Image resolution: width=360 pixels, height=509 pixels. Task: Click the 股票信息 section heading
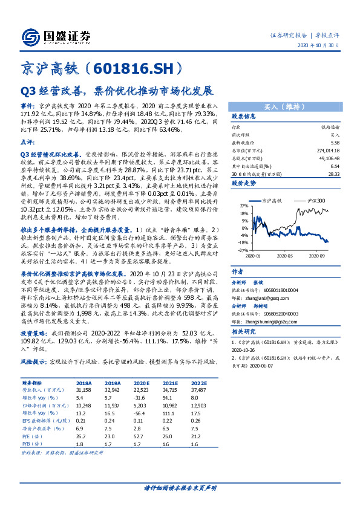click(244, 117)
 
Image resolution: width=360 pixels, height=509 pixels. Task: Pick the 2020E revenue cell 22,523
click(141, 391)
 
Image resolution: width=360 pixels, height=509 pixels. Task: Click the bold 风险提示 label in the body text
click(33, 361)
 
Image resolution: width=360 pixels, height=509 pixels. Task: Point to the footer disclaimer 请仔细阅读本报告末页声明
click(180, 487)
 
